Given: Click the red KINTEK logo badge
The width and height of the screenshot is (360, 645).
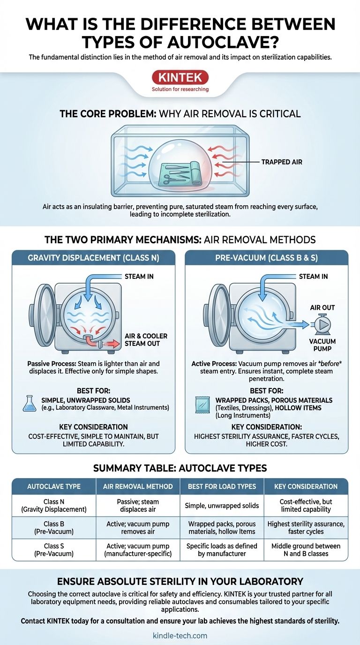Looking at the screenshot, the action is (180, 77).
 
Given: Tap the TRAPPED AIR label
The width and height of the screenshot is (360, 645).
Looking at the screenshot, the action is (282, 162).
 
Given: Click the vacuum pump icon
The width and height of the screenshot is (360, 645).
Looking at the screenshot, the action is (322, 325).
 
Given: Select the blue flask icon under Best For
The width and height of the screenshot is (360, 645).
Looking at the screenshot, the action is (30, 404).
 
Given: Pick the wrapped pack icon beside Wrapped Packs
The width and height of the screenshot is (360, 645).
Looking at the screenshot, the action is (202, 405).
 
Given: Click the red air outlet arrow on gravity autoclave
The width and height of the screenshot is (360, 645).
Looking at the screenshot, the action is (109, 344).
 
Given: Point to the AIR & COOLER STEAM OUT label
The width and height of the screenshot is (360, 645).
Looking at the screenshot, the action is (146, 340).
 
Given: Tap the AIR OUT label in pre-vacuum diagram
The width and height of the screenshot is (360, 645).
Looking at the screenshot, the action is (322, 307).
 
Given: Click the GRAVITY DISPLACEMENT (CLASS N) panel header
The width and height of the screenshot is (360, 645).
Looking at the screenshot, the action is (93, 258).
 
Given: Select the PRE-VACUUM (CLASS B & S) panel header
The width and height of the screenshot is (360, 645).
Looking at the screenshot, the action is (266, 258).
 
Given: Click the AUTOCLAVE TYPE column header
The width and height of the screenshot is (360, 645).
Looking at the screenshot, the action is (54, 487).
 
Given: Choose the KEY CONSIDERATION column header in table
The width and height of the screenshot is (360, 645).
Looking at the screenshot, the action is (306, 487).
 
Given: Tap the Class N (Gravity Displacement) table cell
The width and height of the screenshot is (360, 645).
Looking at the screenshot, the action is (54, 505).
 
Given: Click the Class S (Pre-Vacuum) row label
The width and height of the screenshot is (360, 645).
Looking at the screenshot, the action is (54, 550).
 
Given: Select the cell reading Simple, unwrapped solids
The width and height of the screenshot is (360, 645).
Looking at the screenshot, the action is (222, 506).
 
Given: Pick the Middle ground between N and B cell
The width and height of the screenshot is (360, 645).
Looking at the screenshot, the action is (306, 550).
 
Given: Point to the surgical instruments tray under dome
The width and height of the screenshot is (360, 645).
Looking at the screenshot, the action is (180, 173).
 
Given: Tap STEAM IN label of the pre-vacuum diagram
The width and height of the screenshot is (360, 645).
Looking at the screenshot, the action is (313, 277).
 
